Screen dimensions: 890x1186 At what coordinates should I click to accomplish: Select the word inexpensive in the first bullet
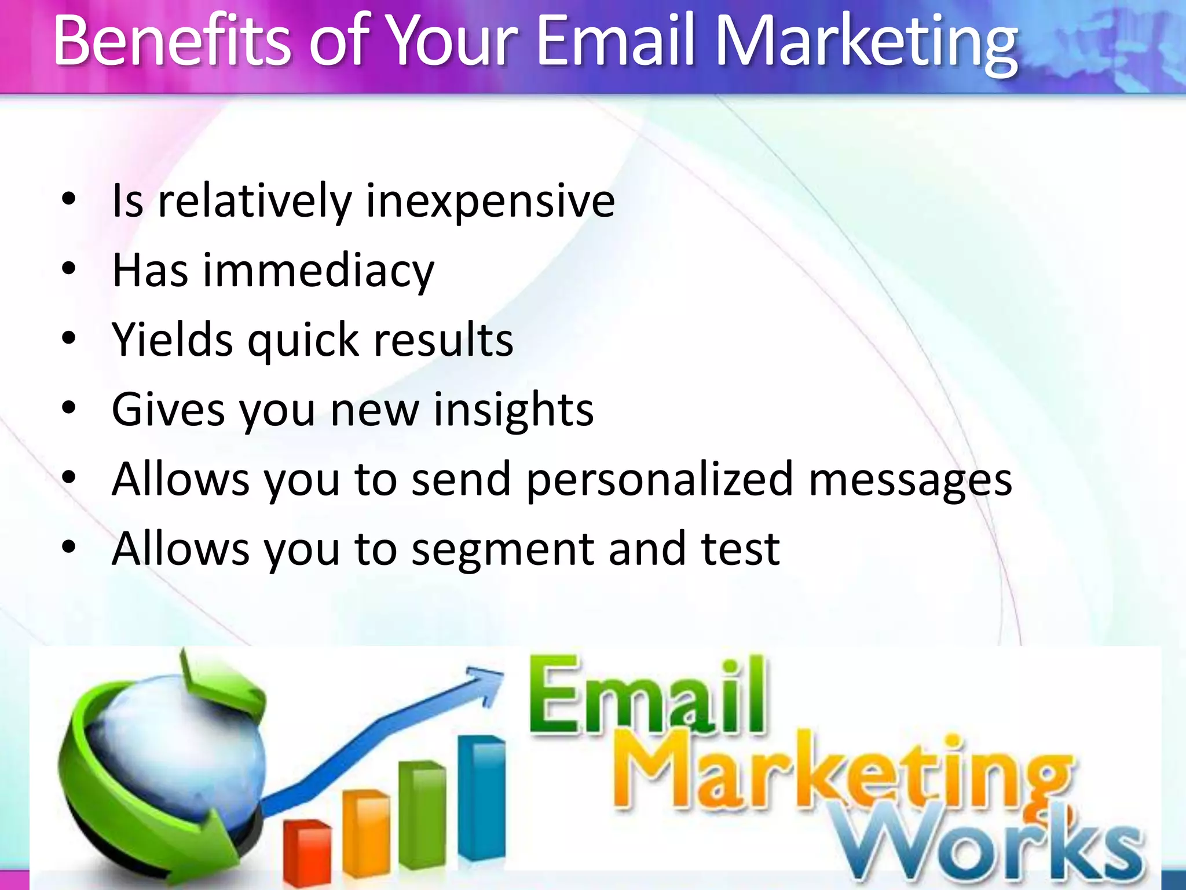pos(490,202)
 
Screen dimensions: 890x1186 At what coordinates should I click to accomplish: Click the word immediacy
pos(318,271)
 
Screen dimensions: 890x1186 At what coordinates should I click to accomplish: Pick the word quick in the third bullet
pos(303,342)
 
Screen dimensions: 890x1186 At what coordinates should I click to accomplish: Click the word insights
pos(513,410)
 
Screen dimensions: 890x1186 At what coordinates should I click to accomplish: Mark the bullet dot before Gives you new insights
pos(69,408)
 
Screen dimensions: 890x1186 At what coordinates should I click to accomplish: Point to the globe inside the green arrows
pos(174,753)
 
